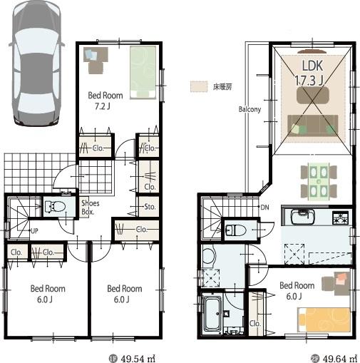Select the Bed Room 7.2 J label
tap(106, 101)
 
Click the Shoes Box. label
tap(90, 208)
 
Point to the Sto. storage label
tap(150, 208)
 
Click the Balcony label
tap(250, 110)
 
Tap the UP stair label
tap(34, 231)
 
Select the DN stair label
tap(264, 207)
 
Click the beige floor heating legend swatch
tap(198, 86)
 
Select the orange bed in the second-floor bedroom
tap(325, 319)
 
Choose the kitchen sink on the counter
tap(299, 215)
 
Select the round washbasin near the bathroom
tap(208, 255)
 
